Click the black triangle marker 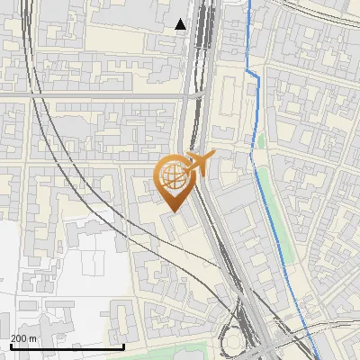181,24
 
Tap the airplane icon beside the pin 198,163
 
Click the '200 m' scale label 23,337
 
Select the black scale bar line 67,346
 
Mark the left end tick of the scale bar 11,345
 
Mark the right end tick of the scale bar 123,345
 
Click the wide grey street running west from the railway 90,94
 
